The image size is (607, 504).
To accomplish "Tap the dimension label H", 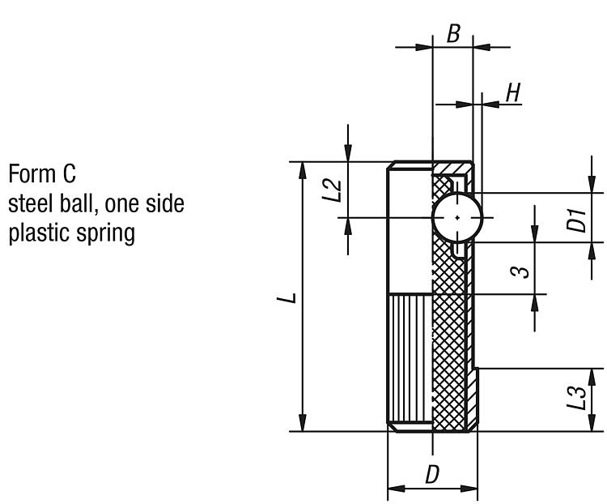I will tap(512, 93).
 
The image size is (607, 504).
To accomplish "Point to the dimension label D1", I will tap(575, 219).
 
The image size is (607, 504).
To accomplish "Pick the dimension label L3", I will tap(575, 399).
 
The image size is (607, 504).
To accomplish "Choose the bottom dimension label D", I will tap(432, 475).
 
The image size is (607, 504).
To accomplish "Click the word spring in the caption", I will tap(105, 233).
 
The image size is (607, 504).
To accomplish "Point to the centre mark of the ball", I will tap(458, 217).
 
